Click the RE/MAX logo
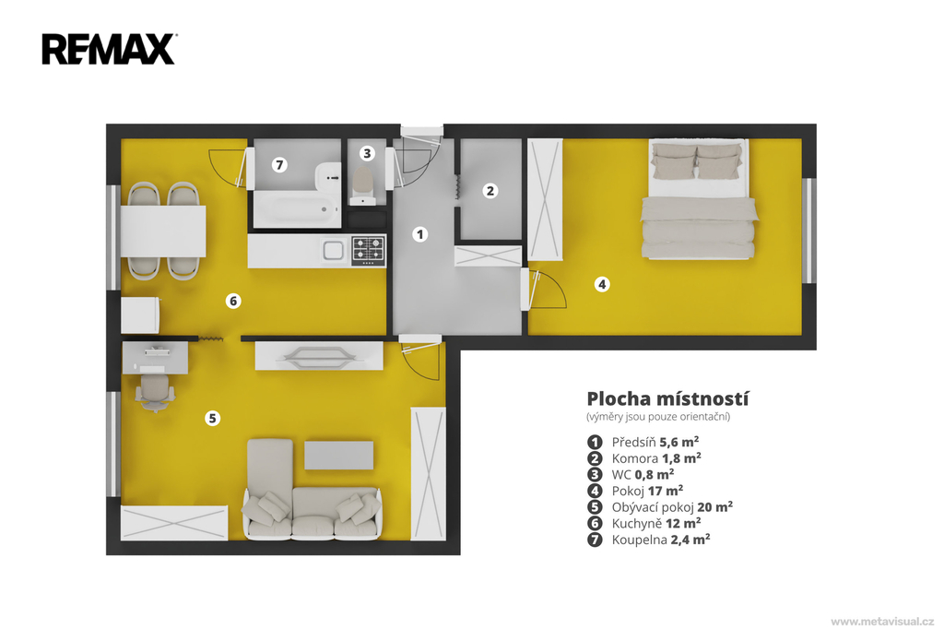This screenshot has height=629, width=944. point(109,49)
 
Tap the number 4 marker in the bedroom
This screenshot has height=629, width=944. point(601,284)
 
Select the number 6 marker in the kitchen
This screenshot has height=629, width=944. point(233,301)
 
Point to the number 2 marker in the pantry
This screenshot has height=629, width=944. point(490,191)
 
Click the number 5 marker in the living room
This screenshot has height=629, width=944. point(212,418)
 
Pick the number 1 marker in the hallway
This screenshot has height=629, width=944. point(420,234)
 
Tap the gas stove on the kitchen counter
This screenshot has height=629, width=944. point(368,250)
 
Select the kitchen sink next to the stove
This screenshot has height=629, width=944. point(333,250)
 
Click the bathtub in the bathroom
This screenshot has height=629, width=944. point(296,209)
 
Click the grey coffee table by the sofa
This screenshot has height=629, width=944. point(339,456)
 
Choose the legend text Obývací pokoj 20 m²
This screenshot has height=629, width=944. point(672,507)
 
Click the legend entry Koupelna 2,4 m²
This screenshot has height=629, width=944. point(660,540)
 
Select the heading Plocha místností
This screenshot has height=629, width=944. point(667,398)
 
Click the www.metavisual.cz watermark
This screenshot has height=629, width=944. point(882,622)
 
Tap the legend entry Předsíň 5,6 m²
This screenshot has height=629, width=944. point(655,442)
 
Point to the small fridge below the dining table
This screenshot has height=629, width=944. point(140,315)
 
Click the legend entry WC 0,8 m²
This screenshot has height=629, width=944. point(643,475)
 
